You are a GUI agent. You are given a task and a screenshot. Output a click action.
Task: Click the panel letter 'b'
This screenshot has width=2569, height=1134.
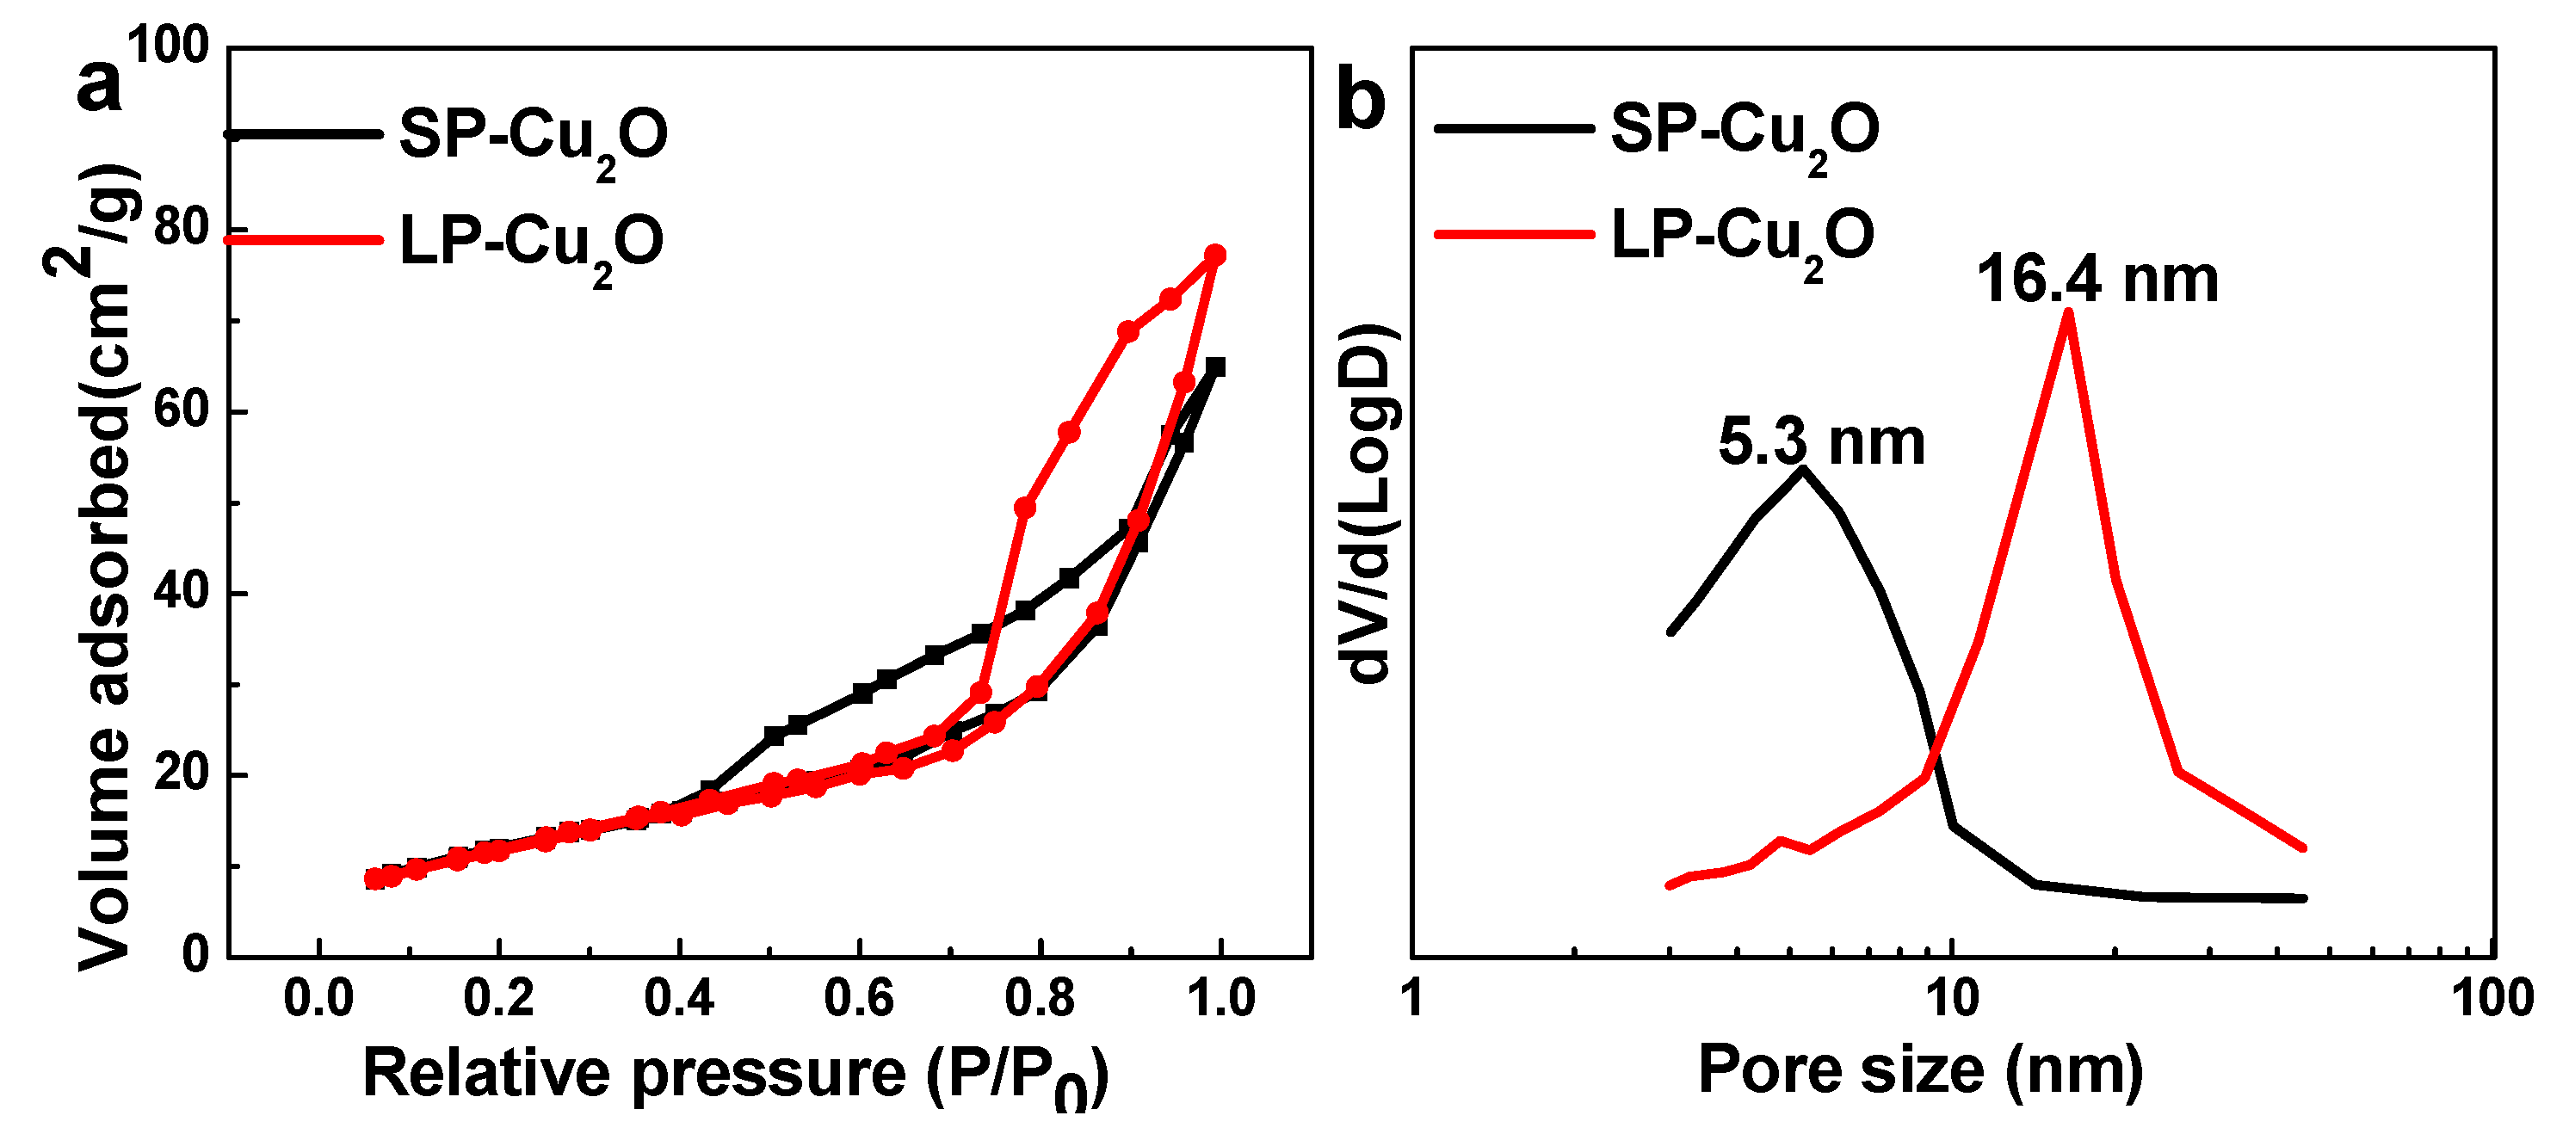1361,100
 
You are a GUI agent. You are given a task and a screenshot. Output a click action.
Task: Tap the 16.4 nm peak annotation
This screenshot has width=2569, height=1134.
2097,280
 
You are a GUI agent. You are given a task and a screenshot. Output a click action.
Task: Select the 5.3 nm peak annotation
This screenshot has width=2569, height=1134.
1821,443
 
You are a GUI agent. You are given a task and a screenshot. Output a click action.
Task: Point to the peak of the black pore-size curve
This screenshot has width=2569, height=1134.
1802,468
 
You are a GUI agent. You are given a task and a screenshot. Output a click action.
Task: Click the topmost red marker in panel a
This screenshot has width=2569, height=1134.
1214,256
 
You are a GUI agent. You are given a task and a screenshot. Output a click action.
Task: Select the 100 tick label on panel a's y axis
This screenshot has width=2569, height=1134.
168,46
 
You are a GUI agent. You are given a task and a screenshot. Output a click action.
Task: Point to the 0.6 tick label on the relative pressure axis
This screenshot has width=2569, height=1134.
859,998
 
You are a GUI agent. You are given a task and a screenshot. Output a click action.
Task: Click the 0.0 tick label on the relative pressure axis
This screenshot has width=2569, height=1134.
318,998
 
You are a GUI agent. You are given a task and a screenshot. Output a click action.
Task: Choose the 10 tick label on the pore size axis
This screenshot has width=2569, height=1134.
1952,998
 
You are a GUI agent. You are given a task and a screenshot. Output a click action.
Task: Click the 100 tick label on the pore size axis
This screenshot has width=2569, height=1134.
2492,998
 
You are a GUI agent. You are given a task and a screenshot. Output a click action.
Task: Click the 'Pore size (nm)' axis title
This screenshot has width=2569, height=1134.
1921,1071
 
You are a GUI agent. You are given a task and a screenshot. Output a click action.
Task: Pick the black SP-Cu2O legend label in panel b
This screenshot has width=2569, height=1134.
1745,132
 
